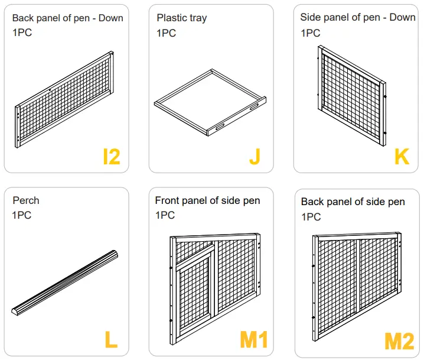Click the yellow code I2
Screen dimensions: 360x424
111,156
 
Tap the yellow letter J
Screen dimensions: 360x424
255,156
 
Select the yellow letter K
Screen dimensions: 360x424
402,156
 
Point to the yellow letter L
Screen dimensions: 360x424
110,339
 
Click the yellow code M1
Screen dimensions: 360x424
253,339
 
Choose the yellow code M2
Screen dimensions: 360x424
399,341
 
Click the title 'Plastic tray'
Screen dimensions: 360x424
182,18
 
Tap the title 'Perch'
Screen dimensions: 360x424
26,200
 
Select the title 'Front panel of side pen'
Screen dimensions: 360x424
207,200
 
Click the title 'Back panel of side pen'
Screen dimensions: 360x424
353,202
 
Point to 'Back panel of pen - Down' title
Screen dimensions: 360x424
67,18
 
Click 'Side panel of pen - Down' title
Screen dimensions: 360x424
357,17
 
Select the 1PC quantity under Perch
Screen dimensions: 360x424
22,215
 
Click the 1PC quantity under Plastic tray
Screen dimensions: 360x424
166,33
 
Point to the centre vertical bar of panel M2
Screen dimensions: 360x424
357,284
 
